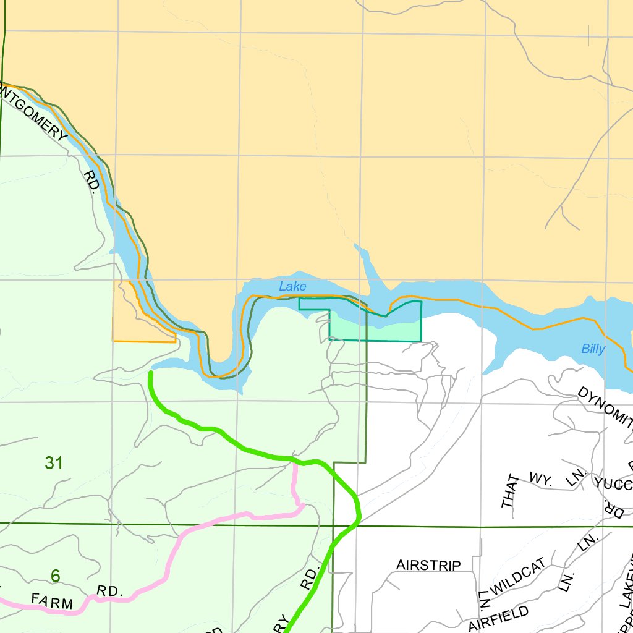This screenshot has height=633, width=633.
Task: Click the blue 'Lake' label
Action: [x=292, y=286]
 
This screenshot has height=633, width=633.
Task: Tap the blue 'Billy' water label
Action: [x=593, y=349]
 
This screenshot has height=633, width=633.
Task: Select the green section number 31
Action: [x=54, y=462]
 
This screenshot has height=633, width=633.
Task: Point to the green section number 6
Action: [x=56, y=576]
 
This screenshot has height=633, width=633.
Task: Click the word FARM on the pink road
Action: [x=52, y=600]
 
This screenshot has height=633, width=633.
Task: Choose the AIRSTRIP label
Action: [x=428, y=565]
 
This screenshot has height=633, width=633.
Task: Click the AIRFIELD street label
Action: [x=498, y=619]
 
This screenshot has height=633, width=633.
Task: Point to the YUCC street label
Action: [x=612, y=482]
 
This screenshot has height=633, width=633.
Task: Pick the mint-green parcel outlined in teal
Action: [x=375, y=329]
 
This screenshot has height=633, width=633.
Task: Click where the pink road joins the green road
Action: [x=294, y=461]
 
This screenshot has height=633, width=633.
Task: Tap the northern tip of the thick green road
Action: [x=151, y=373]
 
